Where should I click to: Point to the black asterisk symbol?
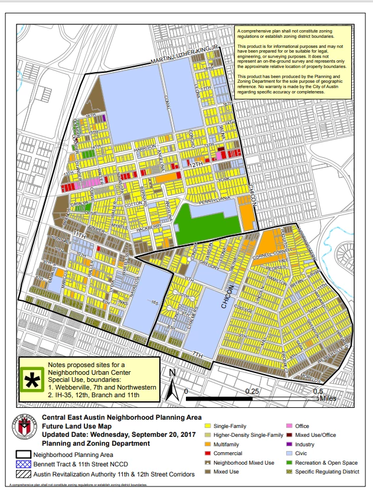[33, 381]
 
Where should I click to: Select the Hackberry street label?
[148, 226]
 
